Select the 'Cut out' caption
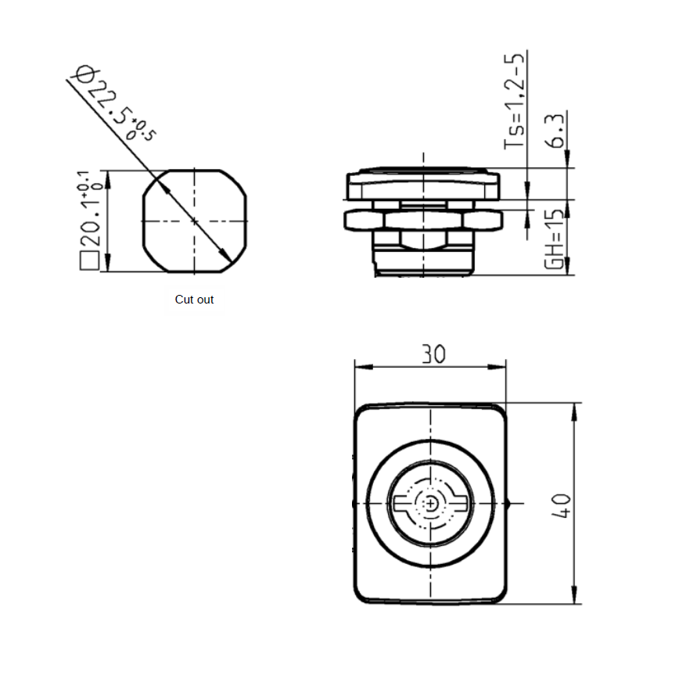[194, 300]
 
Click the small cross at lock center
[430, 505]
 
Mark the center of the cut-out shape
[194, 221]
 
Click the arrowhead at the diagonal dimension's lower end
[225, 259]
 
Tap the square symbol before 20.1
[89, 261]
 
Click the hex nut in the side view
[423, 220]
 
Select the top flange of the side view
[423, 184]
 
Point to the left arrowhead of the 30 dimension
[360, 365]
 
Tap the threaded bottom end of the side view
[423, 262]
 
